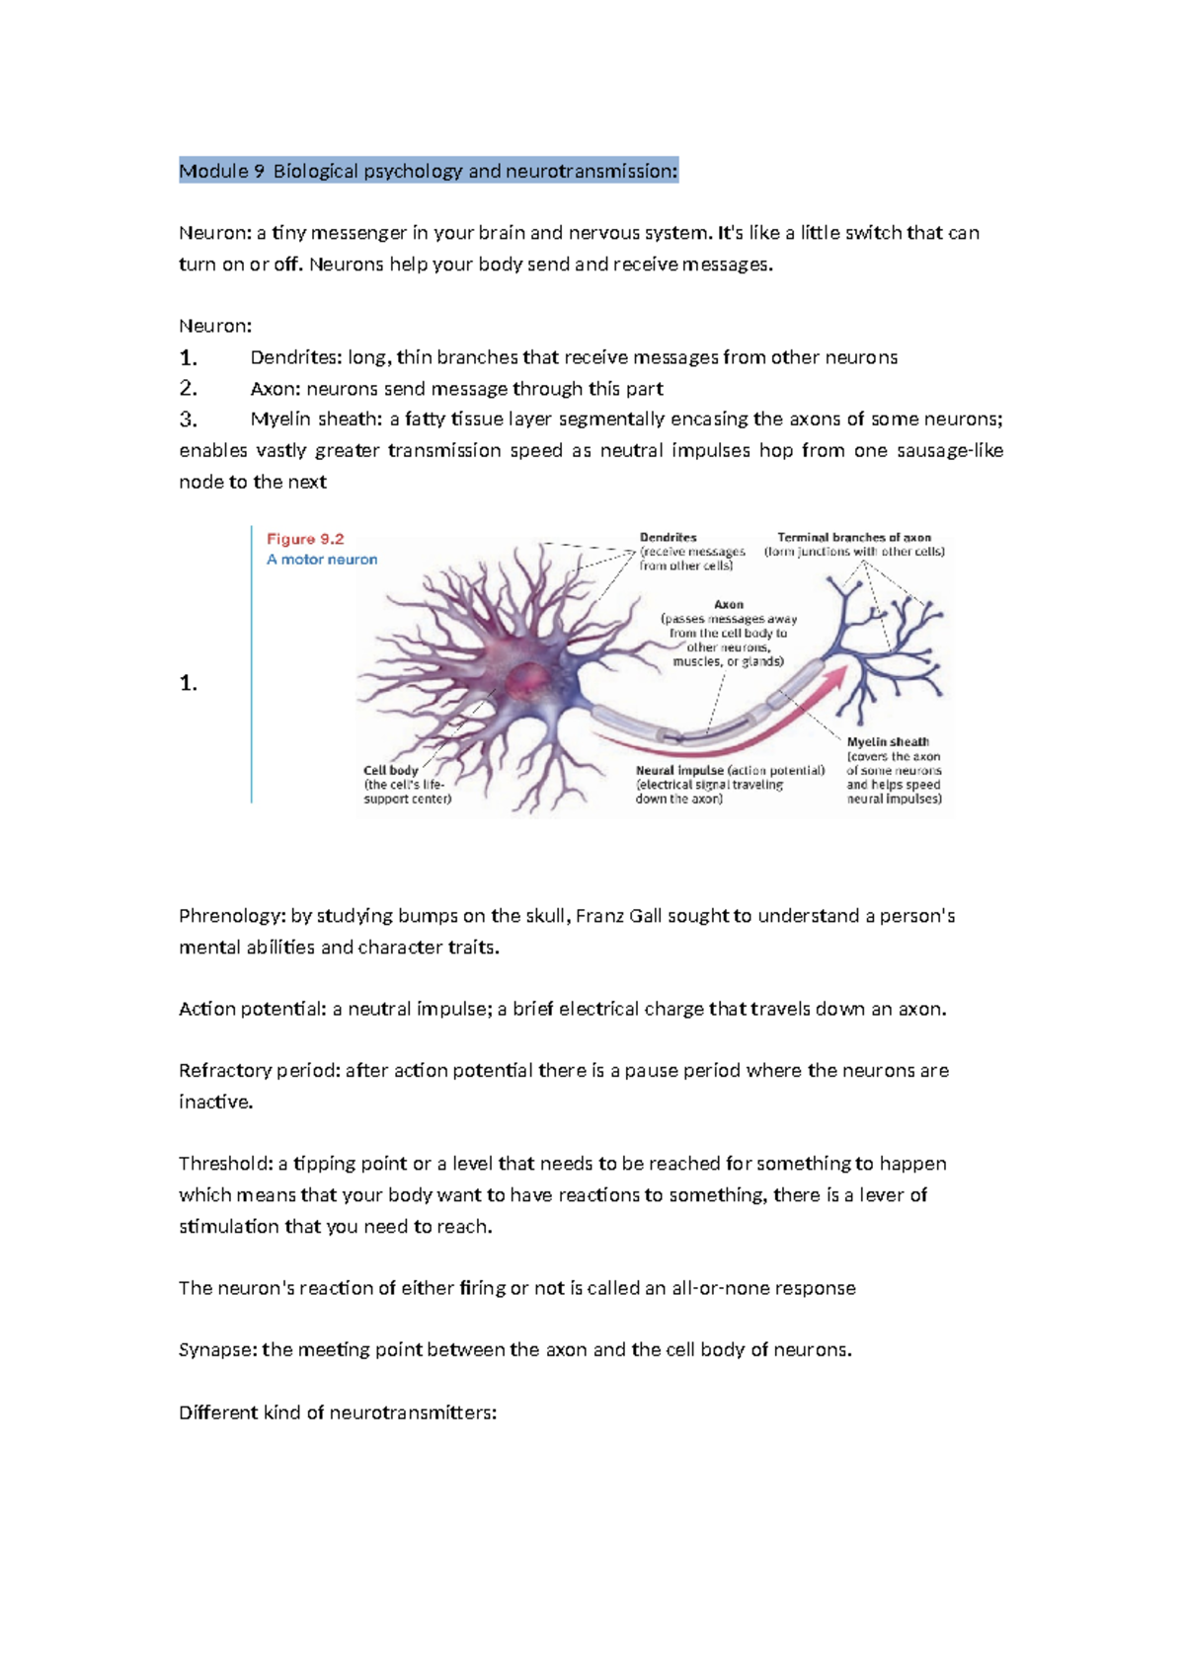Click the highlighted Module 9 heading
[x=428, y=171]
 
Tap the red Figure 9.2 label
[x=305, y=539]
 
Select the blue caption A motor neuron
[x=322, y=560]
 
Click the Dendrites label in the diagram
[x=669, y=538]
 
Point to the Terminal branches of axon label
[x=853, y=538]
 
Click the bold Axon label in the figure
[x=729, y=604]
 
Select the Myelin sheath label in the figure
[x=887, y=742]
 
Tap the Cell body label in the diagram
[x=390, y=771]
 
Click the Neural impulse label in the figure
[x=680, y=771]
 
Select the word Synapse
[x=217, y=1349]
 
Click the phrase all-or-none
[x=720, y=1288]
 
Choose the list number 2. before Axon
[x=189, y=388]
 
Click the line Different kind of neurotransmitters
[x=337, y=1412]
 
